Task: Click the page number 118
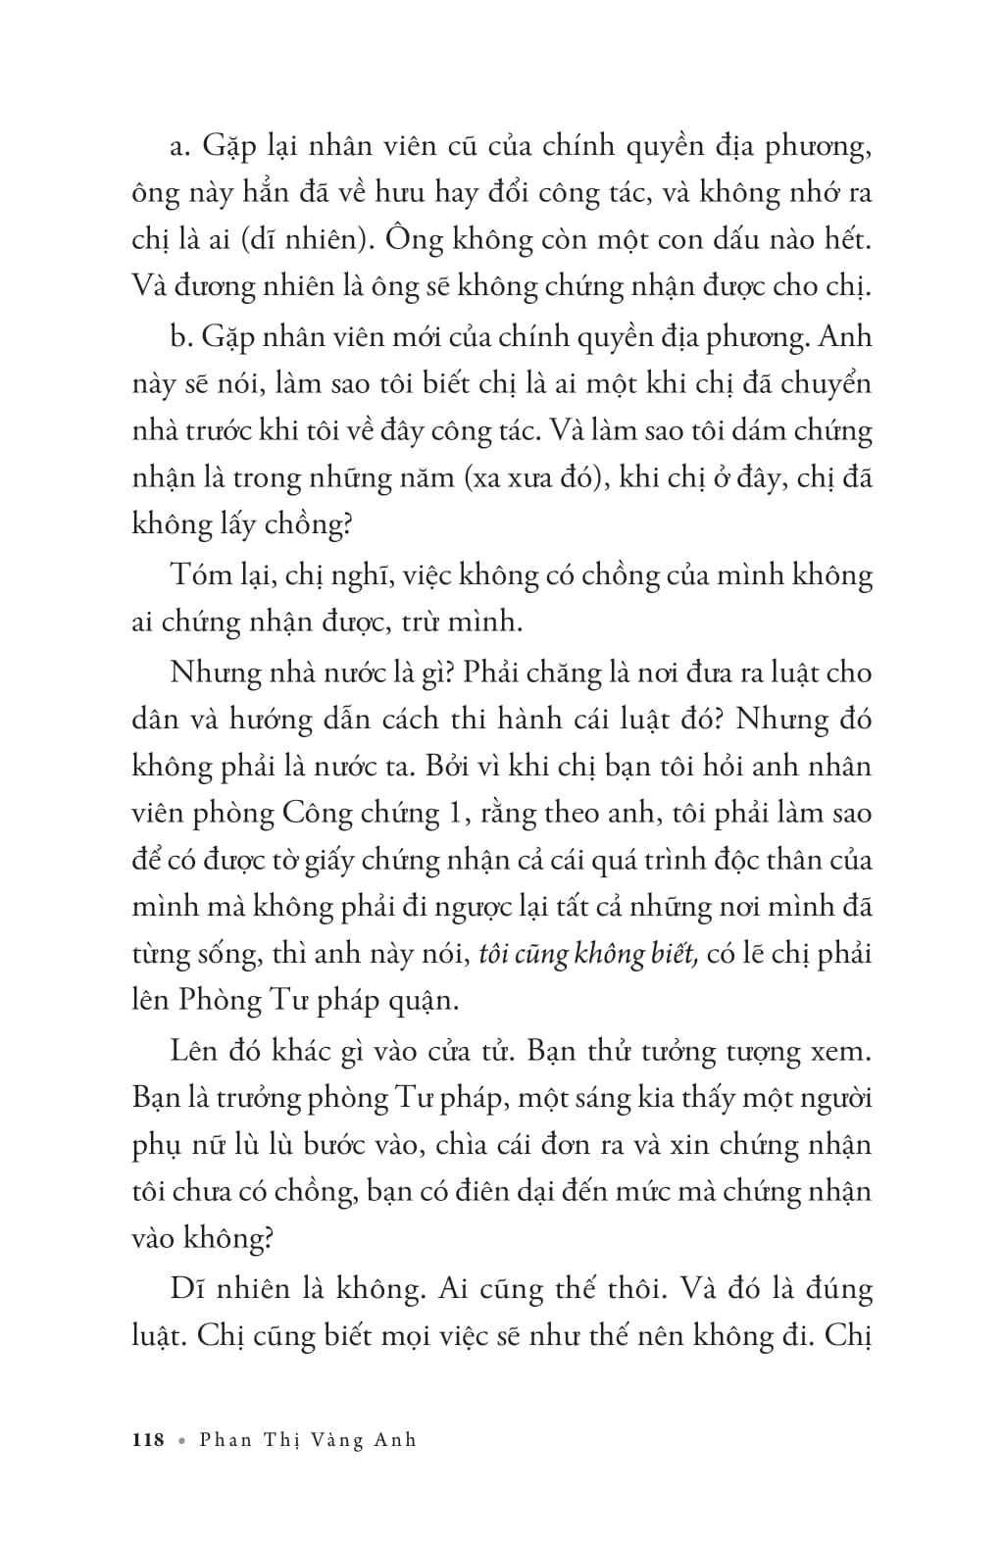(147, 1439)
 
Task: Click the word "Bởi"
(447, 766)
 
